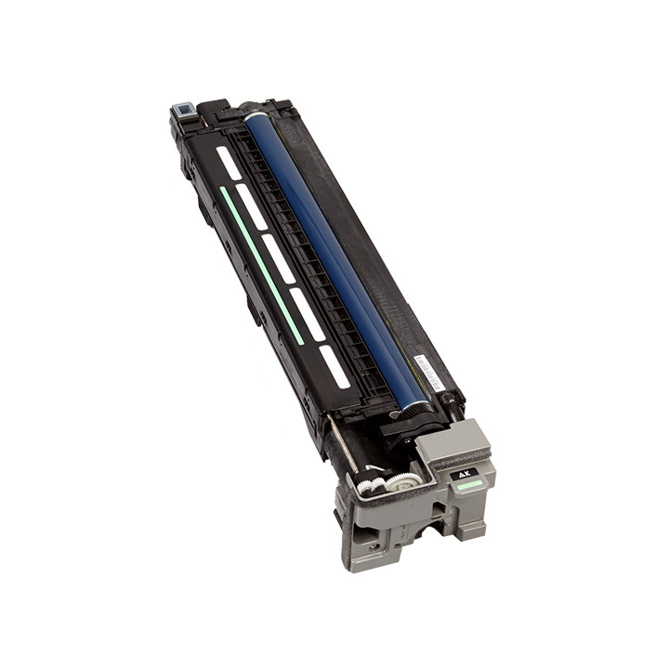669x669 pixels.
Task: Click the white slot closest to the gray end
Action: point(334,367)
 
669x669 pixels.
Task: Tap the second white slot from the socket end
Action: point(251,206)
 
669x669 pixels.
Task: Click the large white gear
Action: point(401,482)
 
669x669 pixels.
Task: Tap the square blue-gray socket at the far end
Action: point(181,111)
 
